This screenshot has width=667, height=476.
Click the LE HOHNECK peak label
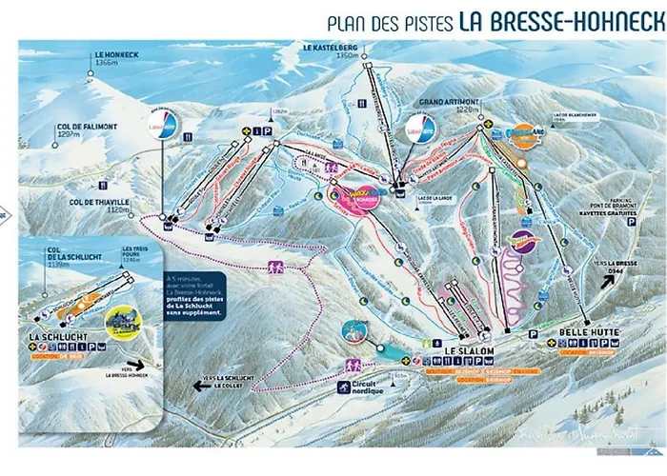115,55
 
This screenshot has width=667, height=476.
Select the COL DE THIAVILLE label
97,204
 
